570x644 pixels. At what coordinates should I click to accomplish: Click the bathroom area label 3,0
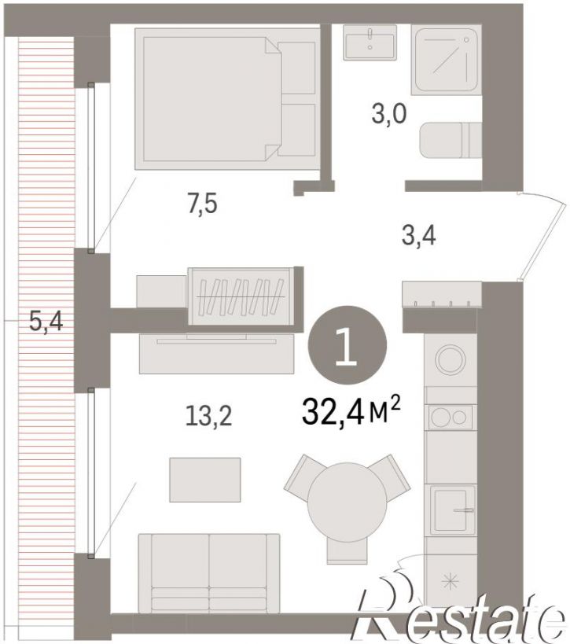[389, 114]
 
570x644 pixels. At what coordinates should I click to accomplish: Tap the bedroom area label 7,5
[202, 204]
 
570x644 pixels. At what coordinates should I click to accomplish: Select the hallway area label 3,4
[418, 237]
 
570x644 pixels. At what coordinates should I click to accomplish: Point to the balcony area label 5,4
[46, 321]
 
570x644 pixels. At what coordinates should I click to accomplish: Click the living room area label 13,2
[208, 415]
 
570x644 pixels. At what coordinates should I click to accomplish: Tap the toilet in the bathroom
[450, 140]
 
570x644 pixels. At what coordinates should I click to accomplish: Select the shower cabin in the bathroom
[446, 60]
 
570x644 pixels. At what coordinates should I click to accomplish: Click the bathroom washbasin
[370, 42]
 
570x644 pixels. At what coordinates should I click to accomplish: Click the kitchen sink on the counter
[450, 510]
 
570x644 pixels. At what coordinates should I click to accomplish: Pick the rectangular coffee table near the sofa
[205, 480]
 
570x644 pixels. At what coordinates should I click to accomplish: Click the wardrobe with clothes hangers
[241, 296]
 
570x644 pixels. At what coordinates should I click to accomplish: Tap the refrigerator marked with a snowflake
[450, 582]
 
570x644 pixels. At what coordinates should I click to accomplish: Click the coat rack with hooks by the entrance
[442, 294]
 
